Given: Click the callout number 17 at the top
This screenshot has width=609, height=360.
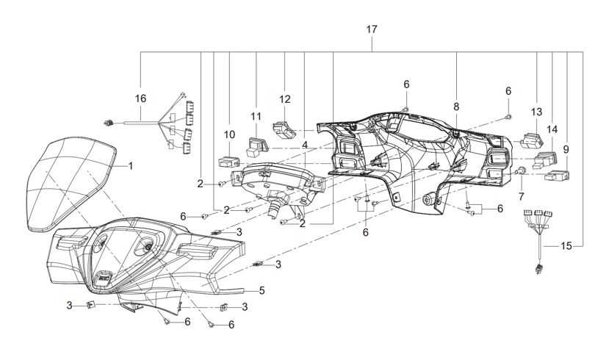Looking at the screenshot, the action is [372, 29].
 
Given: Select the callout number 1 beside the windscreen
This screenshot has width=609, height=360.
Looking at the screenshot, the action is [131, 166].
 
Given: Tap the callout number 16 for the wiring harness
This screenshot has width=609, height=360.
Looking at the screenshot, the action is [140, 98].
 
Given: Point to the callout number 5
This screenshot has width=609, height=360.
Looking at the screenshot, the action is [262, 290].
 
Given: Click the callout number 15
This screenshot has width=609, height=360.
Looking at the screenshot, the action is [566, 246].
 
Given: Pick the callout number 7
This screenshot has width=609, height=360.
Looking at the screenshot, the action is [521, 196].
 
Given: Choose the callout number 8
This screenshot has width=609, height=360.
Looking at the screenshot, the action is [456, 107].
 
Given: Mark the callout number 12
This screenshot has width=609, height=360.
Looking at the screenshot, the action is [285, 99].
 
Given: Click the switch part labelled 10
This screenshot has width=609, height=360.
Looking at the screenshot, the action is [228, 162].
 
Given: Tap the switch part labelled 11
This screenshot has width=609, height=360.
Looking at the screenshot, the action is [256, 145].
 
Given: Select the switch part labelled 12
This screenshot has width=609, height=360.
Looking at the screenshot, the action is [284, 129].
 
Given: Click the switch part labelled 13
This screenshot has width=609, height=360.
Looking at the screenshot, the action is [531, 140].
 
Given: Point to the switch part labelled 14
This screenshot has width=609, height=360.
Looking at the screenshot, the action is [545, 160].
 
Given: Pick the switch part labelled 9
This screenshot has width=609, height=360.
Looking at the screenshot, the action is [557, 176].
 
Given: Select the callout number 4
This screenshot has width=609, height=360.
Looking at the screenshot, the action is [305, 145].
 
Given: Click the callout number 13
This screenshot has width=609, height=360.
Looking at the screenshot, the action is [536, 112].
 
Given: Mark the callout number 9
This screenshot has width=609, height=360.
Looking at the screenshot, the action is [566, 149].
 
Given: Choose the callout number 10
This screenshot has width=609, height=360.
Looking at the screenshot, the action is [229, 134].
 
